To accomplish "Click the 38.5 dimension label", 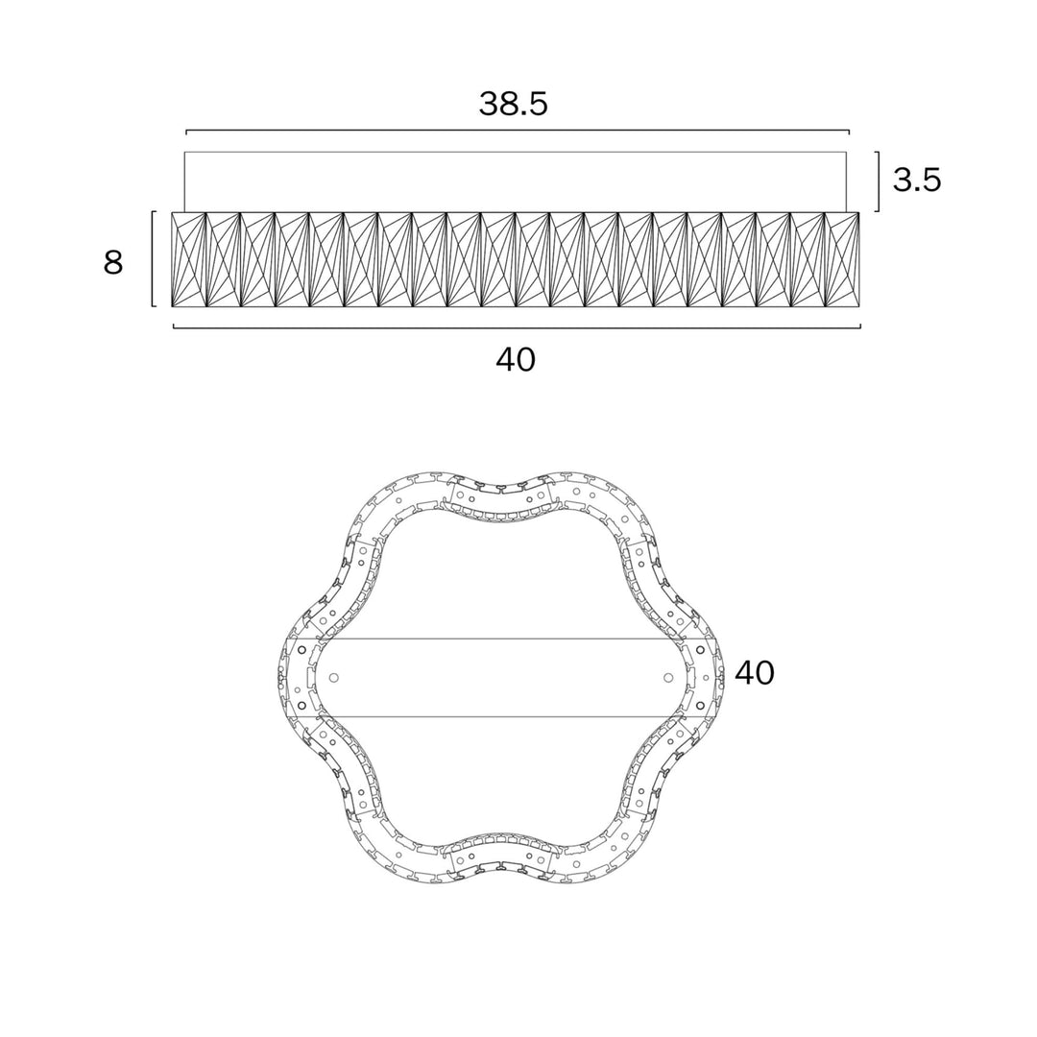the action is pos(514,104).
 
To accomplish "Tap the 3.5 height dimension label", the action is pos(917,180).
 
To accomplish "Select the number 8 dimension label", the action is pos(113,262).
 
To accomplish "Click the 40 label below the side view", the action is pos(516,360).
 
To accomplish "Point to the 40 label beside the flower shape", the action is pos(755,673).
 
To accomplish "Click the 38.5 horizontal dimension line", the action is pos(518,131).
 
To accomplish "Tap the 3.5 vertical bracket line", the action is pos(878,181).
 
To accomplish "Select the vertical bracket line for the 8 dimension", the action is pos(154,259).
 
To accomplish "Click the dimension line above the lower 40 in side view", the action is pos(517,326).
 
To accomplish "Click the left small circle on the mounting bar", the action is pos(334,678).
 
